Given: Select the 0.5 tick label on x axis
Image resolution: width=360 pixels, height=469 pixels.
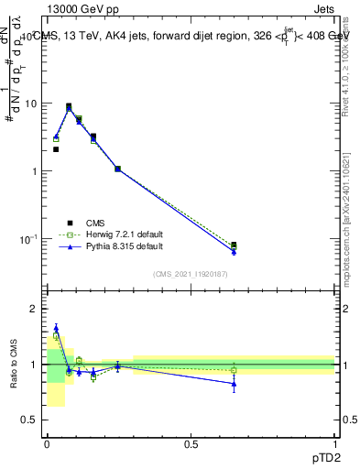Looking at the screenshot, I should coord(191,444).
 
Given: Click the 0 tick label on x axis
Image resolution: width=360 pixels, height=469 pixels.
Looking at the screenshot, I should coord(47,444).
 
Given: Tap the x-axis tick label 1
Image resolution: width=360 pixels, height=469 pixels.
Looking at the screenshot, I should coord(335,444).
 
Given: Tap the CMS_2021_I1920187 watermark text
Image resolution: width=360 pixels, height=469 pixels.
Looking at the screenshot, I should coord(191,274).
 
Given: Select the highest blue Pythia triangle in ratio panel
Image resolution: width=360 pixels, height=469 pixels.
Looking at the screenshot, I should coord(56,328).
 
